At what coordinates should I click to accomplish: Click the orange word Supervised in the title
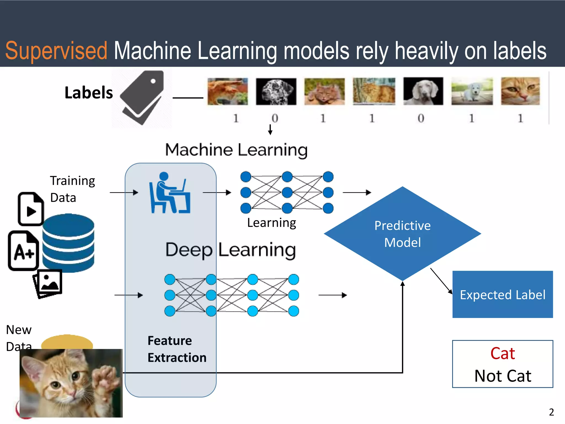[56, 51]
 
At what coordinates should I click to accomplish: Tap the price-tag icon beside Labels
[142, 97]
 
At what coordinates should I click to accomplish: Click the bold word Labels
[89, 92]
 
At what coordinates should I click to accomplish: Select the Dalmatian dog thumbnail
[276, 91]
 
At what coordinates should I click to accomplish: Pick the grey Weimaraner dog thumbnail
[423, 91]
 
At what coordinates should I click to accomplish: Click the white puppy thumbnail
[472, 91]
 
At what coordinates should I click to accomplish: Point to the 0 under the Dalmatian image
[275, 118]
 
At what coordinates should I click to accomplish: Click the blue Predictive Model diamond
[402, 234]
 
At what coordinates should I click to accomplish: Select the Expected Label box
[502, 294]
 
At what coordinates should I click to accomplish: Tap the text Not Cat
[502, 376]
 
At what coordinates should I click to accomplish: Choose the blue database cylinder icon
[68, 243]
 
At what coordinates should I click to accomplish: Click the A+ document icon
[23, 250]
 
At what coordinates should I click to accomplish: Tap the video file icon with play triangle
[31, 209]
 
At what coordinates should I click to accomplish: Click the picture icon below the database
[48, 283]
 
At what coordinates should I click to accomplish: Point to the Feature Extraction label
[177, 349]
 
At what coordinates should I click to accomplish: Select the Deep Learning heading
[230, 250]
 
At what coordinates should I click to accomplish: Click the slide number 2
[551, 412]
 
